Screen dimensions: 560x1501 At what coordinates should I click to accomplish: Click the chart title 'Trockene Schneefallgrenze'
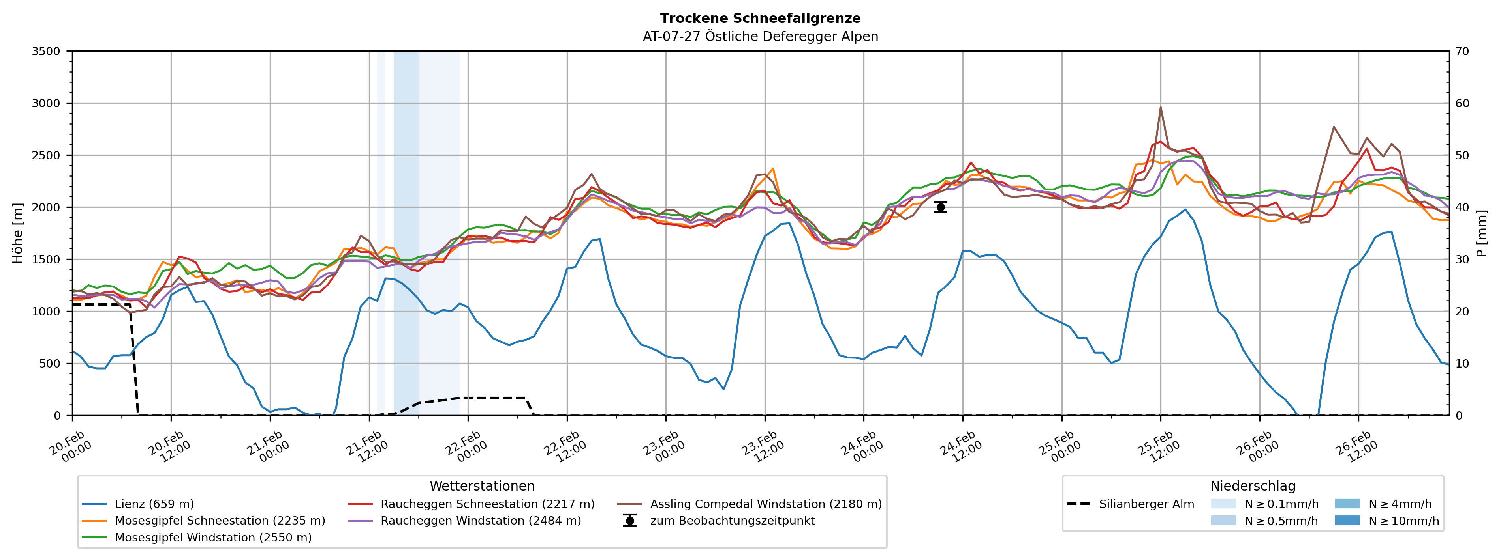(x=761, y=19)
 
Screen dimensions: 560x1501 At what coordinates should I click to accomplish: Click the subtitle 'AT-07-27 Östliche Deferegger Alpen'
(x=761, y=37)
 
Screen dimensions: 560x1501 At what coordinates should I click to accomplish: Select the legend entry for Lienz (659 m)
(x=154, y=504)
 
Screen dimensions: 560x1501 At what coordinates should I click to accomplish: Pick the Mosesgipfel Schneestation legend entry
(x=220, y=521)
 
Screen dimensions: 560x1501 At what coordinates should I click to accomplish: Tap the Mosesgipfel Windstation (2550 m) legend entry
(x=213, y=537)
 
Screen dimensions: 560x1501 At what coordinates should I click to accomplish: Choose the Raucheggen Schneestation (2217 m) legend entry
(x=487, y=504)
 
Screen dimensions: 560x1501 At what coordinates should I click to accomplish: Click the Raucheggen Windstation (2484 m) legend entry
(x=481, y=521)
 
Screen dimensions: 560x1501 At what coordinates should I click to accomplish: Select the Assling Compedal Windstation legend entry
(x=766, y=504)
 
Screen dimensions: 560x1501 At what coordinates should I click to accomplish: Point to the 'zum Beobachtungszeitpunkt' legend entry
(x=732, y=521)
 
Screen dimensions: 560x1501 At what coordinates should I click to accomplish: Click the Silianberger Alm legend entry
(x=1146, y=504)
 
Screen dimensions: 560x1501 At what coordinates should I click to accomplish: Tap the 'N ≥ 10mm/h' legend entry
(x=1403, y=521)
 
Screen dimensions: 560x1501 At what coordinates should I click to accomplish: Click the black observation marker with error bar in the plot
(x=941, y=207)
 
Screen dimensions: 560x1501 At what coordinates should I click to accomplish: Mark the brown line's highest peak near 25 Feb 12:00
(x=1161, y=107)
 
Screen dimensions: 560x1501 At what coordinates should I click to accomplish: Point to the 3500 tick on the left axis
(x=46, y=51)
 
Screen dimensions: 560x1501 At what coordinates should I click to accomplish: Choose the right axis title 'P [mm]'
(x=1483, y=233)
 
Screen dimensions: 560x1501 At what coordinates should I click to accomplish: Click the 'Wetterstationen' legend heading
(x=482, y=486)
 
